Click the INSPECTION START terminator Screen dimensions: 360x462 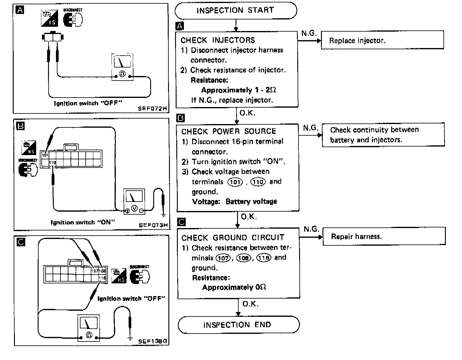pyautogui.click(x=236, y=11)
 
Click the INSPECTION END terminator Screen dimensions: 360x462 pyautogui.click(x=238, y=325)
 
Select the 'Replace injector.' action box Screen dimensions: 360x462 pyautogui.click(x=382, y=40)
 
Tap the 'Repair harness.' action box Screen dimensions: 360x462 pyautogui.click(x=384, y=236)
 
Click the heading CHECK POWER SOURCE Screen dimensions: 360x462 pyautogui.click(x=229, y=131)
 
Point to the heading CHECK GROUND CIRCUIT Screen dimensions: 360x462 pyautogui.click(x=233, y=237)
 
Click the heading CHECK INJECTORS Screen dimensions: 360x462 pyautogui.click(x=218, y=40)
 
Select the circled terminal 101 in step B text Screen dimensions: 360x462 pyautogui.click(x=235, y=182)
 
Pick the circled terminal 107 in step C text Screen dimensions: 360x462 pyautogui.click(x=223, y=258)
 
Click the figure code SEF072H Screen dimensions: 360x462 pyautogui.click(x=152, y=109)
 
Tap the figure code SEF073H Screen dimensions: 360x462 pyautogui.click(x=153, y=225)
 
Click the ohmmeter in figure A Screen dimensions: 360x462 pyautogui.click(x=122, y=67)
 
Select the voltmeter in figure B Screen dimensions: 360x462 pyautogui.click(x=134, y=201)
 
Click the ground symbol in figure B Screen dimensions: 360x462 pyautogui.click(x=164, y=216)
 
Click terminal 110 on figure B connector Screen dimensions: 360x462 pyautogui.click(x=53, y=163)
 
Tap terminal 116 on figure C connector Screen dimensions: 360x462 pyautogui.click(x=102, y=278)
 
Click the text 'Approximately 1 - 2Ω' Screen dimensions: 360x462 pyautogui.click(x=239, y=90)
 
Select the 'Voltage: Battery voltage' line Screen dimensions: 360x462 pyautogui.click(x=234, y=202)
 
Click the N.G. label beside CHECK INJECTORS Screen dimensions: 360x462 pyautogui.click(x=309, y=33)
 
